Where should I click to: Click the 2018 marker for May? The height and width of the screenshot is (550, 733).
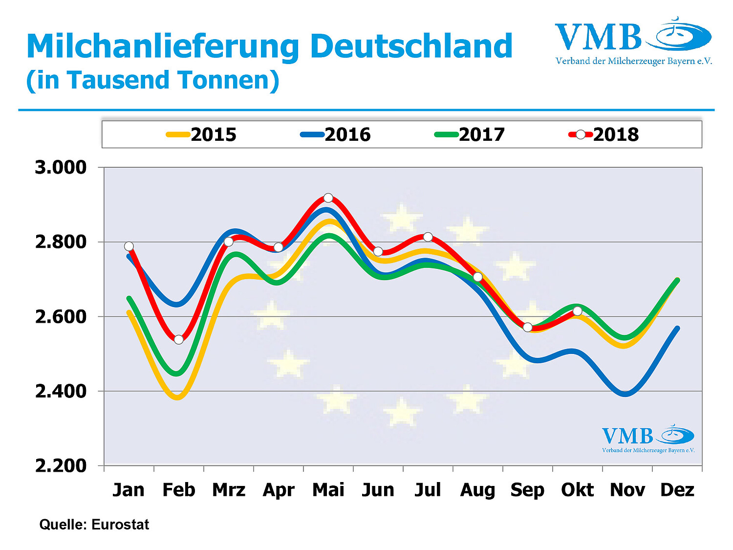pos(328,198)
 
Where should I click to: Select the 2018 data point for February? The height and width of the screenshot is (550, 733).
pos(178,339)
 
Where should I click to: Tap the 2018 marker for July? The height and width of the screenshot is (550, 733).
pos(428,237)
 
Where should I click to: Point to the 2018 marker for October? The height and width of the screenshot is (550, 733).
pos(578,311)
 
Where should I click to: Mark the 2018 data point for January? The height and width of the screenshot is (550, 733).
pos(129,246)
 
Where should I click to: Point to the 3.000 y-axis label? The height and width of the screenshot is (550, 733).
pos(61,167)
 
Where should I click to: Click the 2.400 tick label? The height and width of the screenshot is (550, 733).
pos(61,391)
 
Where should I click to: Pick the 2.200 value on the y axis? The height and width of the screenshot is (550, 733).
pos(61,465)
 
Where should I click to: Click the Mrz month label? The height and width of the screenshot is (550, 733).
pos(229,490)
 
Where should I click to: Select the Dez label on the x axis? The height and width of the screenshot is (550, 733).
pos(677,490)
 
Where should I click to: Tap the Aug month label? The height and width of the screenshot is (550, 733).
pos(477,490)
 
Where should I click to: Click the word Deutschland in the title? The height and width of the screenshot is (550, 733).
pos(411,46)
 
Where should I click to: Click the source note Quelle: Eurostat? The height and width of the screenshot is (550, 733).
pos(94,525)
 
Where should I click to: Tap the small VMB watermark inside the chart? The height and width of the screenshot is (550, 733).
pos(648,439)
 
